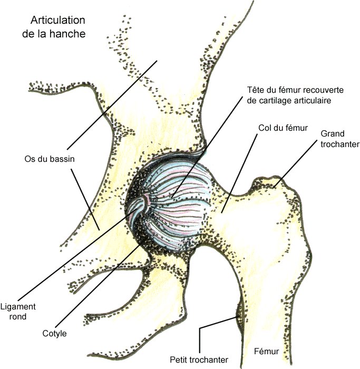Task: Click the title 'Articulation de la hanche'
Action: pyautogui.click(x=58, y=27)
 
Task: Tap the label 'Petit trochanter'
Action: pyautogui.click(x=199, y=360)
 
